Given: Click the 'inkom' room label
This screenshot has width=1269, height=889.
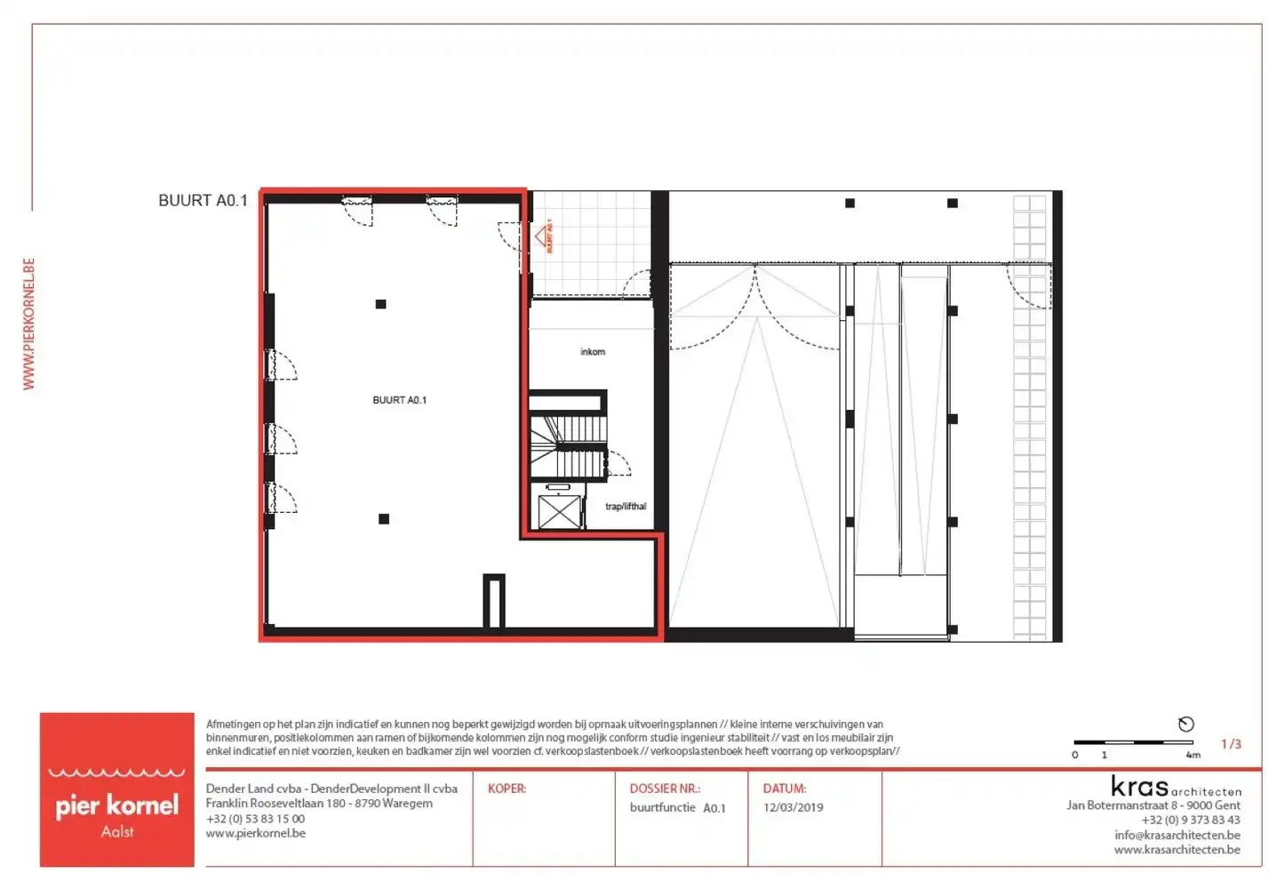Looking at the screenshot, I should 593,352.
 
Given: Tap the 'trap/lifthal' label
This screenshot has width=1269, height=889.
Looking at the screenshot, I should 626,507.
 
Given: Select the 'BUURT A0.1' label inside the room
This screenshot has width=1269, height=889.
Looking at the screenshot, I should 399,400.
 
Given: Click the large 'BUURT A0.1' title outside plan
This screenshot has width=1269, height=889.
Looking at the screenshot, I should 203,201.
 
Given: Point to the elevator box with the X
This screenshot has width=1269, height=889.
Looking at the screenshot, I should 559,513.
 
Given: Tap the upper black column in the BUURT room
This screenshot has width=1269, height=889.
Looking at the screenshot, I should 380,304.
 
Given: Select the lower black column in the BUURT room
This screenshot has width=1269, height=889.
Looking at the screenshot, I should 384,519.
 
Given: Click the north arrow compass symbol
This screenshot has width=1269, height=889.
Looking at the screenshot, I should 1185,725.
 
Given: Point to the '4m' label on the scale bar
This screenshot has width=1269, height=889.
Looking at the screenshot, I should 1193,755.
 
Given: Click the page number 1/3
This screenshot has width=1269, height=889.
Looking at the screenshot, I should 1231,744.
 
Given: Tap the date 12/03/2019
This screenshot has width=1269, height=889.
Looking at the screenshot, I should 793,808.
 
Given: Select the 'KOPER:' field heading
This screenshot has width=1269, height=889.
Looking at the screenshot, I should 507,789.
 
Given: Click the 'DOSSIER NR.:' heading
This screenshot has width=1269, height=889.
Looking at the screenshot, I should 665,789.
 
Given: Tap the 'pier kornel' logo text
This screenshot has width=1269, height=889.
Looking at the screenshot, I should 117,805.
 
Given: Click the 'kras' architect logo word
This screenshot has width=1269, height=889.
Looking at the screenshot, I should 1139,787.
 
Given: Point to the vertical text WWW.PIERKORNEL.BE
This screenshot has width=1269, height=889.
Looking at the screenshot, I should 28,324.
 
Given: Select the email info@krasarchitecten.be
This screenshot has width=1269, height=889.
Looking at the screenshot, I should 1177,835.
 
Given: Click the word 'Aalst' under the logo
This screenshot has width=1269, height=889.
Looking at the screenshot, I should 117,832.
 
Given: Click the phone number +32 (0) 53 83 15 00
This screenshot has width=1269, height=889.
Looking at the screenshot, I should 255,819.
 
